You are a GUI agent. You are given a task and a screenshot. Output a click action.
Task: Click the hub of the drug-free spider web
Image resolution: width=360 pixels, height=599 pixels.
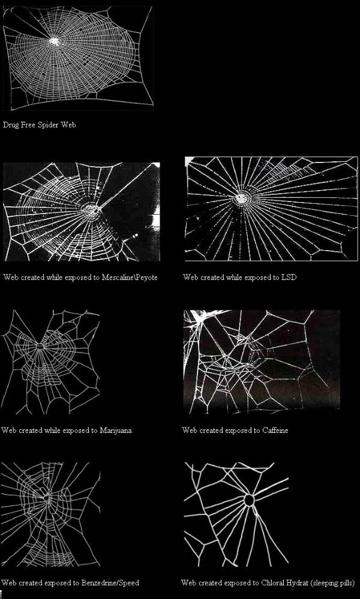[54, 41]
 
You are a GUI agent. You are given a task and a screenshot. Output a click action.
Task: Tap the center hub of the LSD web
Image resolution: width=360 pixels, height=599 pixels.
[241, 198]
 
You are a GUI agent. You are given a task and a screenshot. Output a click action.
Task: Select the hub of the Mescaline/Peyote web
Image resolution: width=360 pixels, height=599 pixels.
[92, 209]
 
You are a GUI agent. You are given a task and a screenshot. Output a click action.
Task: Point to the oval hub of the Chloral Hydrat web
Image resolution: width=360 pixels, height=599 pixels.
[249, 500]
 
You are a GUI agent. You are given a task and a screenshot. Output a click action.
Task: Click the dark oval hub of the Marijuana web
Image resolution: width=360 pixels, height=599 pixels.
[40, 347]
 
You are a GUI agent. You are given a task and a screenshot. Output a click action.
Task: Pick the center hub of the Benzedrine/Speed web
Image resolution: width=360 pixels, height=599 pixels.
[46, 498]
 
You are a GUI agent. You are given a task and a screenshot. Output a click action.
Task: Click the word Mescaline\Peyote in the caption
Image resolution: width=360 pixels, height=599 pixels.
[130, 278]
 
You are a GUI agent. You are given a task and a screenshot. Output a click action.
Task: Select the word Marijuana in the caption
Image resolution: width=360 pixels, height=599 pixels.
[115, 430]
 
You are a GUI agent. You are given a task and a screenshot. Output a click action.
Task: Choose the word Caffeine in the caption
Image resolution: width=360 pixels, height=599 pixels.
[275, 430]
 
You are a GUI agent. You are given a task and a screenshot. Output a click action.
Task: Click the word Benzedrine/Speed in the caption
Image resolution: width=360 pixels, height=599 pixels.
[110, 583]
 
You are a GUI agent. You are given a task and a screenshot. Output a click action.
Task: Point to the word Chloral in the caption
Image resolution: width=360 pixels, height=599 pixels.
[273, 583]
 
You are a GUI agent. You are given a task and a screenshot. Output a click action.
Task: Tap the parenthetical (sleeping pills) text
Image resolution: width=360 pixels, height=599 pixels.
[332, 583]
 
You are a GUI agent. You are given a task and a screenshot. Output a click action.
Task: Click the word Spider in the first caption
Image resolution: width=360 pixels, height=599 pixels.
[47, 125]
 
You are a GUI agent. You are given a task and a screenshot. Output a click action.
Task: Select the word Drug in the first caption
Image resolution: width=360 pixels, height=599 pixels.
[10, 125]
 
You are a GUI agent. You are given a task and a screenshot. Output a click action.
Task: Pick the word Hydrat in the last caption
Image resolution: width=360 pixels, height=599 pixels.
[297, 583]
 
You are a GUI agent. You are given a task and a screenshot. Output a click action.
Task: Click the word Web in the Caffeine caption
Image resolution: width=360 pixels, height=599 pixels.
[189, 430]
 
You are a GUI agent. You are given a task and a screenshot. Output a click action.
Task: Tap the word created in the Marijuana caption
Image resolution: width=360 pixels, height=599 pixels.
[26, 430]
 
